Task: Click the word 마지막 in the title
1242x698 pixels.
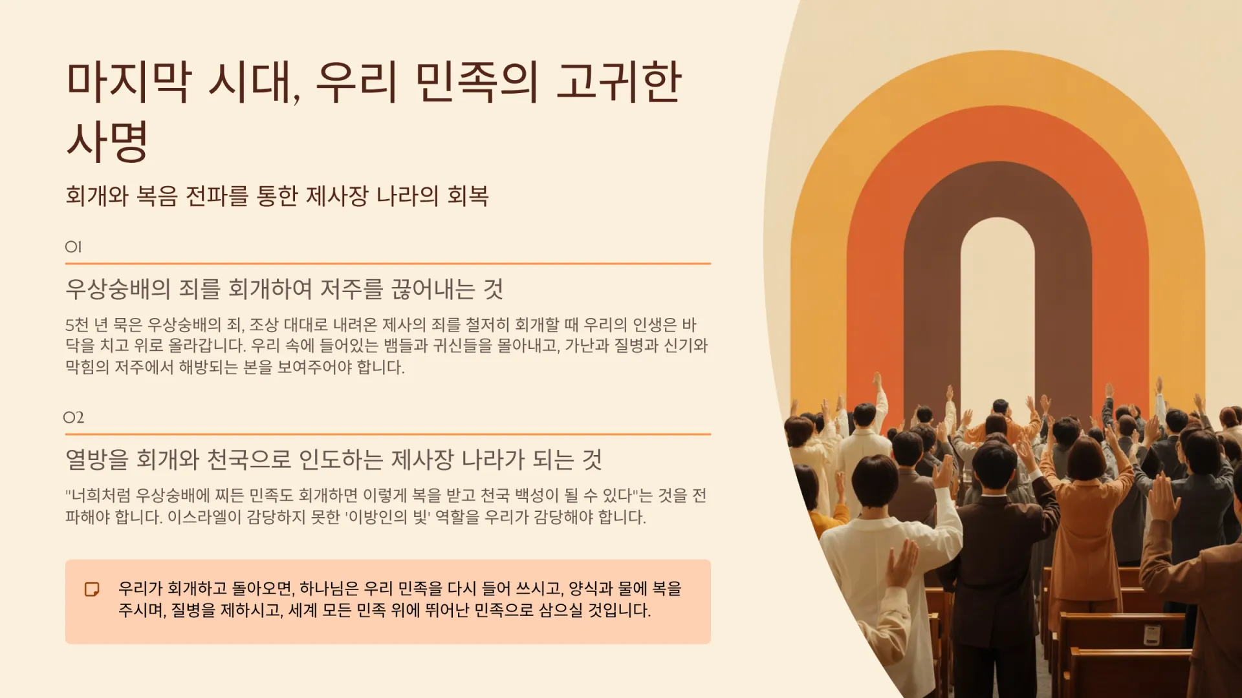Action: [x=129, y=82]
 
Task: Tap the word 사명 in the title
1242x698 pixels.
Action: [x=108, y=141]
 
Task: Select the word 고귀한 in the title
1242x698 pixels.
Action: [x=619, y=82]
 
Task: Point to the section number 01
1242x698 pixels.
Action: [x=73, y=247]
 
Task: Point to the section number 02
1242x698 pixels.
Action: [x=74, y=418]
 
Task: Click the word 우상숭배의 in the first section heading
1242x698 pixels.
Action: [x=118, y=289]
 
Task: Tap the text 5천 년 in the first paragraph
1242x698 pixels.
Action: [x=87, y=324]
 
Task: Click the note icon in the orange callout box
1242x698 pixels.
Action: [x=92, y=589]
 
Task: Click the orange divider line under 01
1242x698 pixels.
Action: [x=388, y=264]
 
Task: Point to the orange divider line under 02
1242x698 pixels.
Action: [x=388, y=434]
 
